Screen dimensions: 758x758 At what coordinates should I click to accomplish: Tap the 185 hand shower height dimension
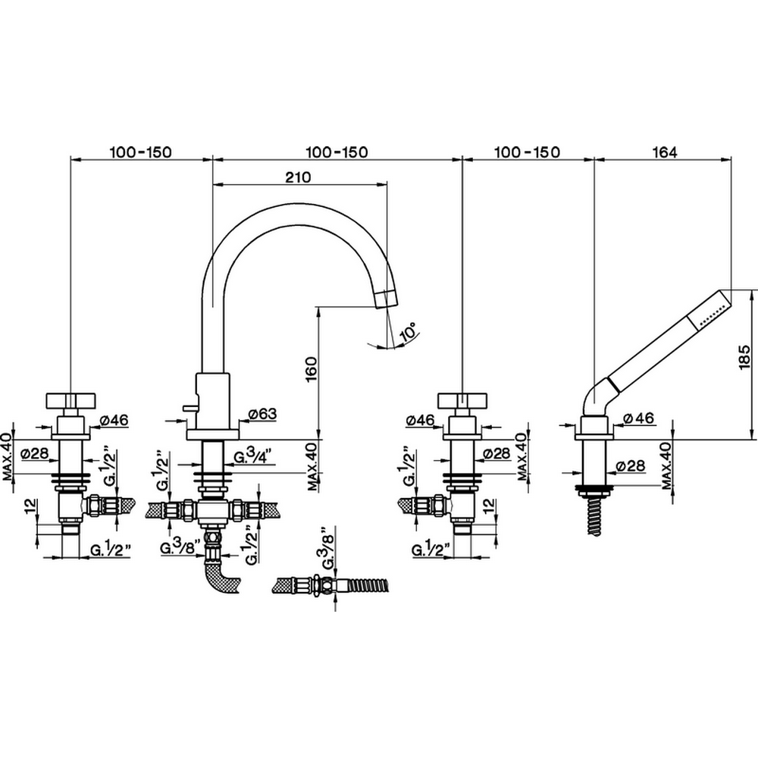[744, 357]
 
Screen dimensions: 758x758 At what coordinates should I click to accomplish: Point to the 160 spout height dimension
[312, 369]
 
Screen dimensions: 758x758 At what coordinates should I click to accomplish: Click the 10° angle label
[409, 332]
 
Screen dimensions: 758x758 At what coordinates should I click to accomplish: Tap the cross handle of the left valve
[70, 401]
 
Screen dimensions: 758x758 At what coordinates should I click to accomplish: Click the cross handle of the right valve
[462, 401]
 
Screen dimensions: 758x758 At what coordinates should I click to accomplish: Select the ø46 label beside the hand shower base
[638, 418]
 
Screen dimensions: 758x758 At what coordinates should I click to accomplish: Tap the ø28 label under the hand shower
[631, 465]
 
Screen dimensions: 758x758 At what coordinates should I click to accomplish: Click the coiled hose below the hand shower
[595, 516]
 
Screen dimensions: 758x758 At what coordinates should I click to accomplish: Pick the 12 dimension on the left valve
[30, 506]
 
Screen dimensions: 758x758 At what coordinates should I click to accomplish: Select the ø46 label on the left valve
[114, 420]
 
